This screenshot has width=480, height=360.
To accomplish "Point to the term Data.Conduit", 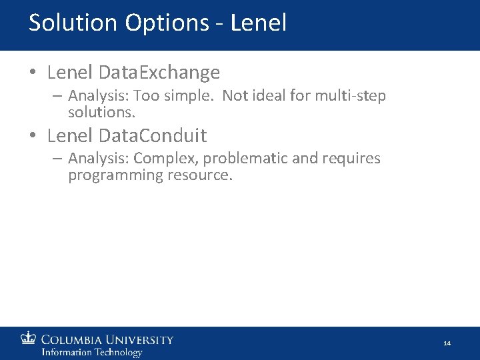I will [152, 136].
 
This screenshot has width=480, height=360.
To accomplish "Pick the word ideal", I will [267, 96].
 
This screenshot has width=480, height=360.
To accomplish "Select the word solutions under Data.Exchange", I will [102, 111].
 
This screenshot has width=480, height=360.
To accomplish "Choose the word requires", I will [349, 159].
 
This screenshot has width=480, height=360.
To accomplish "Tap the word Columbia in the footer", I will [73, 340].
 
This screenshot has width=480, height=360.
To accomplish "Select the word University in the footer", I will [141, 340].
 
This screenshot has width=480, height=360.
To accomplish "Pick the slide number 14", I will [447, 343].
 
